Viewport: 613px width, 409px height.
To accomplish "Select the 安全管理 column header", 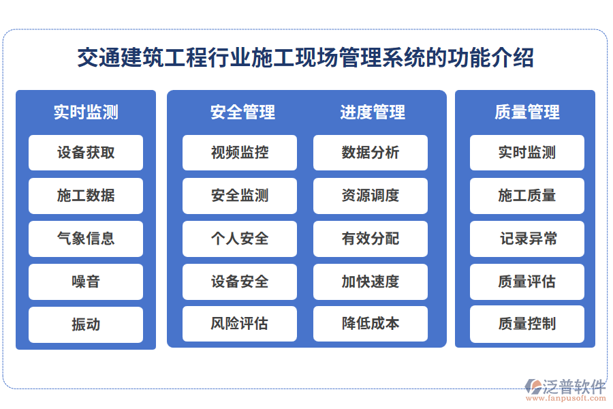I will pyautogui.click(x=242, y=112).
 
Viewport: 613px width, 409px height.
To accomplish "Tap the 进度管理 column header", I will pyautogui.click(x=372, y=112).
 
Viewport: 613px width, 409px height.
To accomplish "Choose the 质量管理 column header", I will pyautogui.click(x=526, y=112).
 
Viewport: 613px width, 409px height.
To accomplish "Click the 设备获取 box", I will pyautogui.click(x=86, y=153).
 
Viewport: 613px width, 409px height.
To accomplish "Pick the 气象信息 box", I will pyautogui.click(x=86, y=239).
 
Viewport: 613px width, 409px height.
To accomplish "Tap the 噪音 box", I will pyautogui.click(x=86, y=282).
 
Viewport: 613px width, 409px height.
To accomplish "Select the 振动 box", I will pyautogui.click(x=86, y=324).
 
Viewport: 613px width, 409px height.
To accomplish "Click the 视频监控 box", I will pyautogui.click(x=240, y=153).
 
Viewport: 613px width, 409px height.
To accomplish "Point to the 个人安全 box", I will pyautogui.click(x=240, y=239).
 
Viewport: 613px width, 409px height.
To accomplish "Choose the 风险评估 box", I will pyautogui.click(x=240, y=324).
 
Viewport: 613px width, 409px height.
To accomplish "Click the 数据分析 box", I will pyautogui.click(x=371, y=153).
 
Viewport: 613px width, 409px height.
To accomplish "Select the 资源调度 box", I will pyautogui.click(x=371, y=196).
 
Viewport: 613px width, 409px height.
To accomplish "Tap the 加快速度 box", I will pyautogui.click(x=371, y=282).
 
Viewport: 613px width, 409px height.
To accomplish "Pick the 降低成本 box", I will pyautogui.click(x=371, y=324).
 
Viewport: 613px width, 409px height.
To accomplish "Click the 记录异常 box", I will pyautogui.click(x=527, y=239).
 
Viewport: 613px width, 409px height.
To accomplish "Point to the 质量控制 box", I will pyautogui.click(x=527, y=324).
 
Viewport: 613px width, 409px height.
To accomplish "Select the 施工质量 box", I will pyautogui.click(x=527, y=196).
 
